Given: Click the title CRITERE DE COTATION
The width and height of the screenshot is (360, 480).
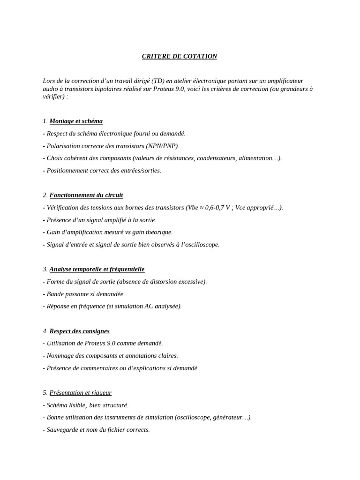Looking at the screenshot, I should point(180,56).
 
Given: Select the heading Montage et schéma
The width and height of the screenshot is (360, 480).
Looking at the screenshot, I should point(76,121).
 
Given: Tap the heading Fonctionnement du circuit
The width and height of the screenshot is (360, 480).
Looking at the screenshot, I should point(86,195).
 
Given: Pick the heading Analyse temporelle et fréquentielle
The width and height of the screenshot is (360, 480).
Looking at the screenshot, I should point(97,269).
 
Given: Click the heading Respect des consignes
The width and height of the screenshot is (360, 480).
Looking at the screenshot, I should point(79,331).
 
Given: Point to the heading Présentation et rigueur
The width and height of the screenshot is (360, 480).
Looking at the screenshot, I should point(81,393).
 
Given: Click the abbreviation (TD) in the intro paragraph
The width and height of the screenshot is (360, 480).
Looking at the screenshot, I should point(157,81).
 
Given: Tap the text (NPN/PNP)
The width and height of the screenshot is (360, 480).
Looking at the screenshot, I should point(162,146).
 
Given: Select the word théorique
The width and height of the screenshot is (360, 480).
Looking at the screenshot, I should point(158,232).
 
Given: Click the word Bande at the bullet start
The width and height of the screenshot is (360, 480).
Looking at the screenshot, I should point(55,294).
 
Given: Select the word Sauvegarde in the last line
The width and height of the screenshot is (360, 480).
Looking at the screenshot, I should point(63,429).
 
